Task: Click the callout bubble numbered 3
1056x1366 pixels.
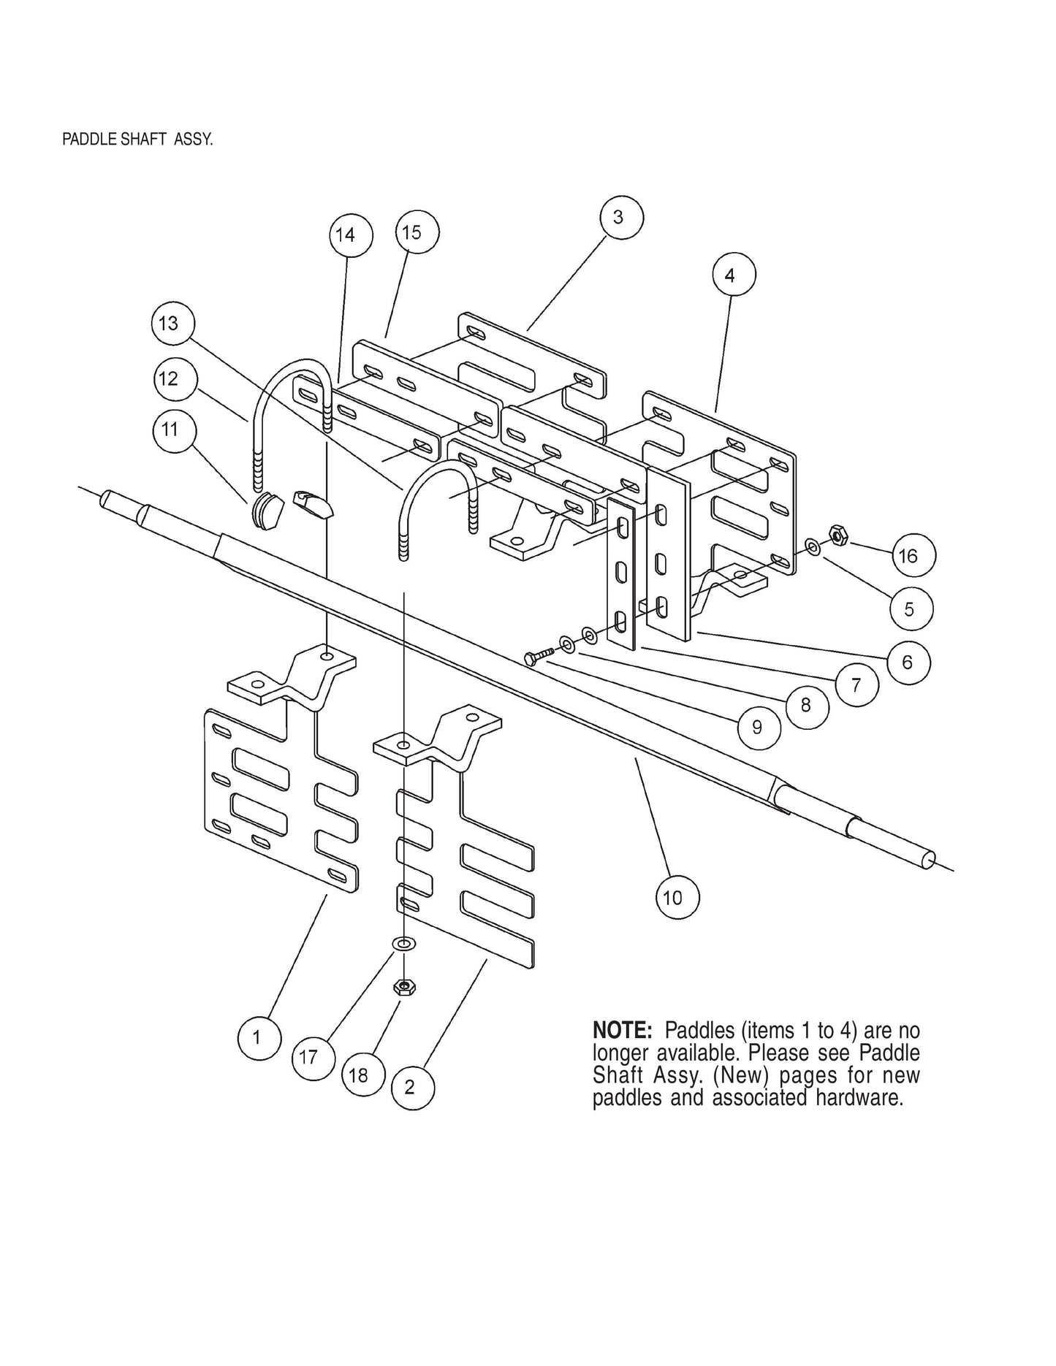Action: tap(618, 217)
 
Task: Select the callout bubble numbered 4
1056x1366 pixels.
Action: tap(729, 275)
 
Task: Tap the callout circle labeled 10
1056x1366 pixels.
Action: tap(672, 896)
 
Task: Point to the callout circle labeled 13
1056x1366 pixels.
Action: tap(169, 323)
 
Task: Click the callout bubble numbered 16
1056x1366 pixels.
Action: tap(907, 556)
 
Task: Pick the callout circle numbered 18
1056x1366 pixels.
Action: tap(359, 1075)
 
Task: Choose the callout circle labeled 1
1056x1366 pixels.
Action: tap(257, 1037)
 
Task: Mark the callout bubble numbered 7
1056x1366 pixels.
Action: tap(856, 684)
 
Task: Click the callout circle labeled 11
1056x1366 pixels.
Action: tap(170, 429)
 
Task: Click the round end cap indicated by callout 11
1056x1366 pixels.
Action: tap(267, 511)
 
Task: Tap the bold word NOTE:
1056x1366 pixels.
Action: tap(621, 1031)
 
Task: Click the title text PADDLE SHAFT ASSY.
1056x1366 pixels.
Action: tap(137, 140)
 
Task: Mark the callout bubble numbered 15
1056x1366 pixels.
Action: tap(412, 232)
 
